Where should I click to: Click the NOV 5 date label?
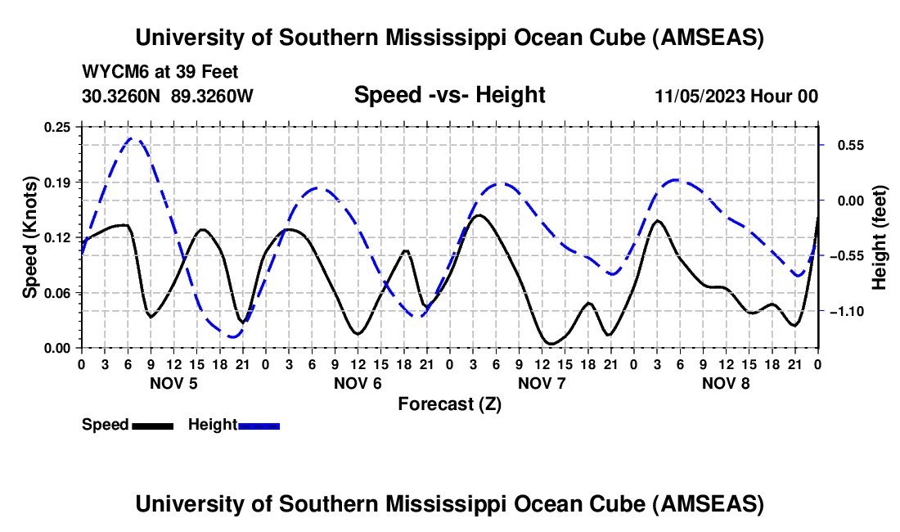172,383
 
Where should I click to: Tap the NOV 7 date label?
541,383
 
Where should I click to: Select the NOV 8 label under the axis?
725,383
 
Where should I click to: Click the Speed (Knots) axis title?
30,237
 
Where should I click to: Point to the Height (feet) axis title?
880,237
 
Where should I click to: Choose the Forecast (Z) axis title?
449,404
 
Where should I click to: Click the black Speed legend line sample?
152,426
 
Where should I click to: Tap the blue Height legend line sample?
259,426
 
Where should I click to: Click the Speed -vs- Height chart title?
449,95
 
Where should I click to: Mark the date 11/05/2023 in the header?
700,96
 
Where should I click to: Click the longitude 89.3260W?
213,96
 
